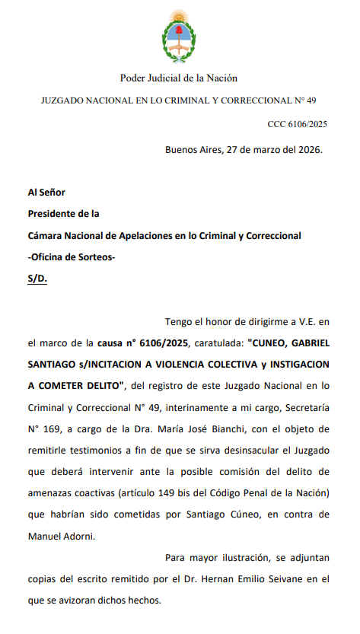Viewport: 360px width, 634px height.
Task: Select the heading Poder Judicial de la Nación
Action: [179, 78]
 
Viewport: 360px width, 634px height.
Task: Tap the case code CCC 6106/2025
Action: [297, 123]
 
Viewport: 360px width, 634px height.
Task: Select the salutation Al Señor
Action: [46, 193]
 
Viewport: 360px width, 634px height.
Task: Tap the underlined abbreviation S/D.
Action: [37, 279]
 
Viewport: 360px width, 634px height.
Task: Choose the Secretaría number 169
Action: [50, 429]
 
